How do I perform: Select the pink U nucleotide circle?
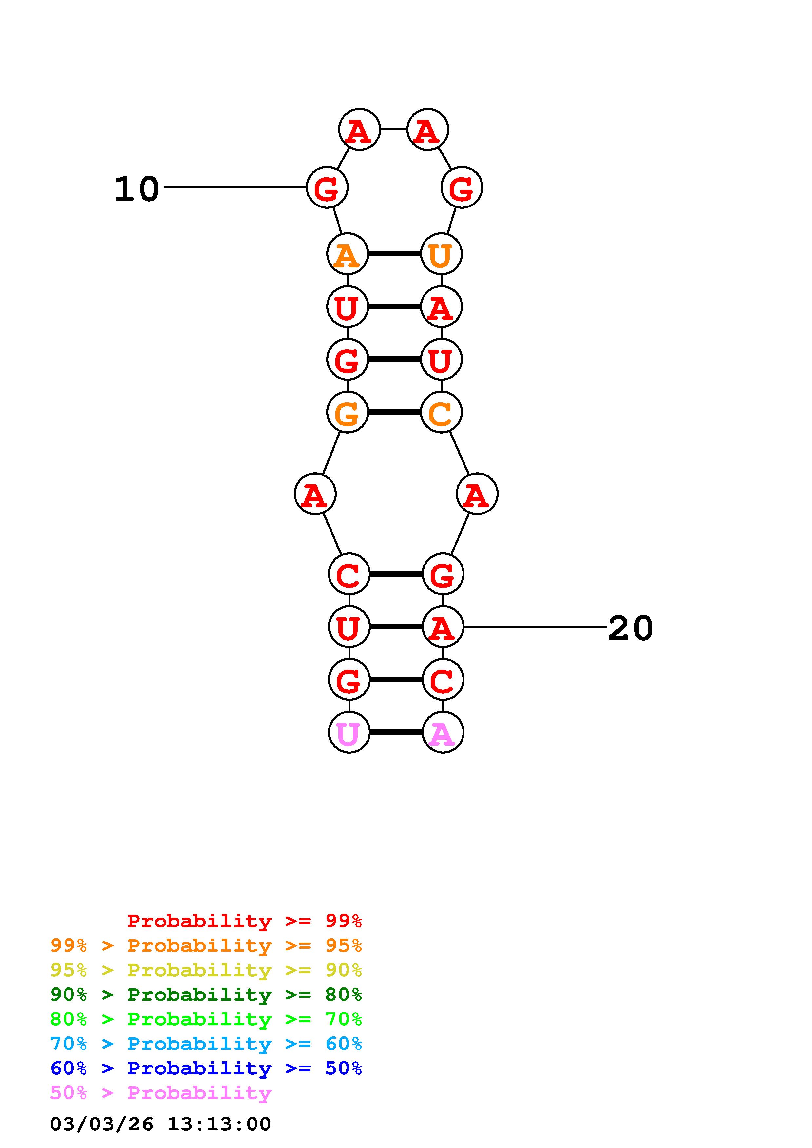pos(349,732)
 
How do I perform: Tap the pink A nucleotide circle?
pos(443,732)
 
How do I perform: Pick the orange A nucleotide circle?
pos(347,254)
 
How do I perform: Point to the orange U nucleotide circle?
pos(441,254)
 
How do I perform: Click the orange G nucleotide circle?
pos(347,412)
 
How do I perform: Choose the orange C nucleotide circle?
pos(441,412)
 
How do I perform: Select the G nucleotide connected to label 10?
pos(327,188)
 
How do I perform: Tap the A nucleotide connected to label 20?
pos(443,626)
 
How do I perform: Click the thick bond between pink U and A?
pos(396,732)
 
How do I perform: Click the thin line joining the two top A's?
pos(393,130)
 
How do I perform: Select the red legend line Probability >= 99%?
pos(245,921)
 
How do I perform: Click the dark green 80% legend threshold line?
pos(206,995)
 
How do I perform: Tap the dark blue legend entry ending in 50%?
pos(206,1068)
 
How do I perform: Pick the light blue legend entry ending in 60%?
pos(206,1044)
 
